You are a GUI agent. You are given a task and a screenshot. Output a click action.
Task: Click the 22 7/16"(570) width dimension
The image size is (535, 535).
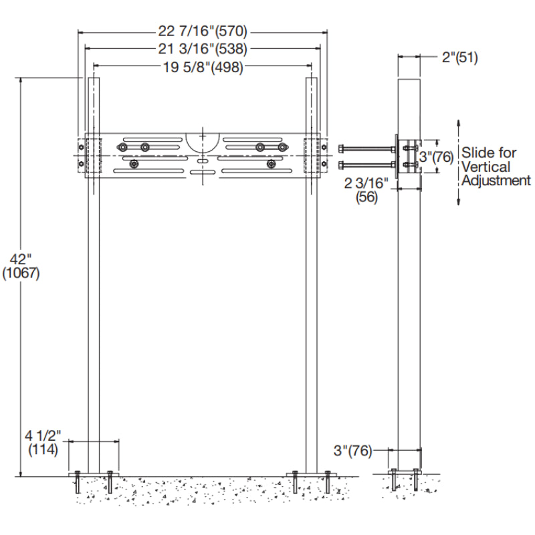[x=202, y=31]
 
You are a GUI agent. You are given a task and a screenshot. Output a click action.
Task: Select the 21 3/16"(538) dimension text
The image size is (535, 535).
[x=202, y=48]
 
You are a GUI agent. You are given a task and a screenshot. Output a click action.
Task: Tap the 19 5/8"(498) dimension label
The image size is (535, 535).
[x=202, y=66]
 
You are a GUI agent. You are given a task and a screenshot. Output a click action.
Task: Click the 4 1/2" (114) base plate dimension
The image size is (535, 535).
[x=44, y=443]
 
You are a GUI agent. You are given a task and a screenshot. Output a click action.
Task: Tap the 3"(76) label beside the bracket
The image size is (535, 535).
[x=437, y=158]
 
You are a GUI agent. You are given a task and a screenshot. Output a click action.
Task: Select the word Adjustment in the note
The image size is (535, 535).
[x=496, y=180]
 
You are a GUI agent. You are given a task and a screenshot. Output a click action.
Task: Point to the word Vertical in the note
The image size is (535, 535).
[x=485, y=167]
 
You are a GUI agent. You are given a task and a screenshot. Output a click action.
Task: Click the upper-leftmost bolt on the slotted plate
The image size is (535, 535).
[x=122, y=147]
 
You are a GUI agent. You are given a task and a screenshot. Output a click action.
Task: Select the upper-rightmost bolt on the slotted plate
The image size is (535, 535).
[x=282, y=147]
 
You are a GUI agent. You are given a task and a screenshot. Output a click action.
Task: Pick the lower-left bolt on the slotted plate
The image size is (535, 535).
[x=134, y=164]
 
